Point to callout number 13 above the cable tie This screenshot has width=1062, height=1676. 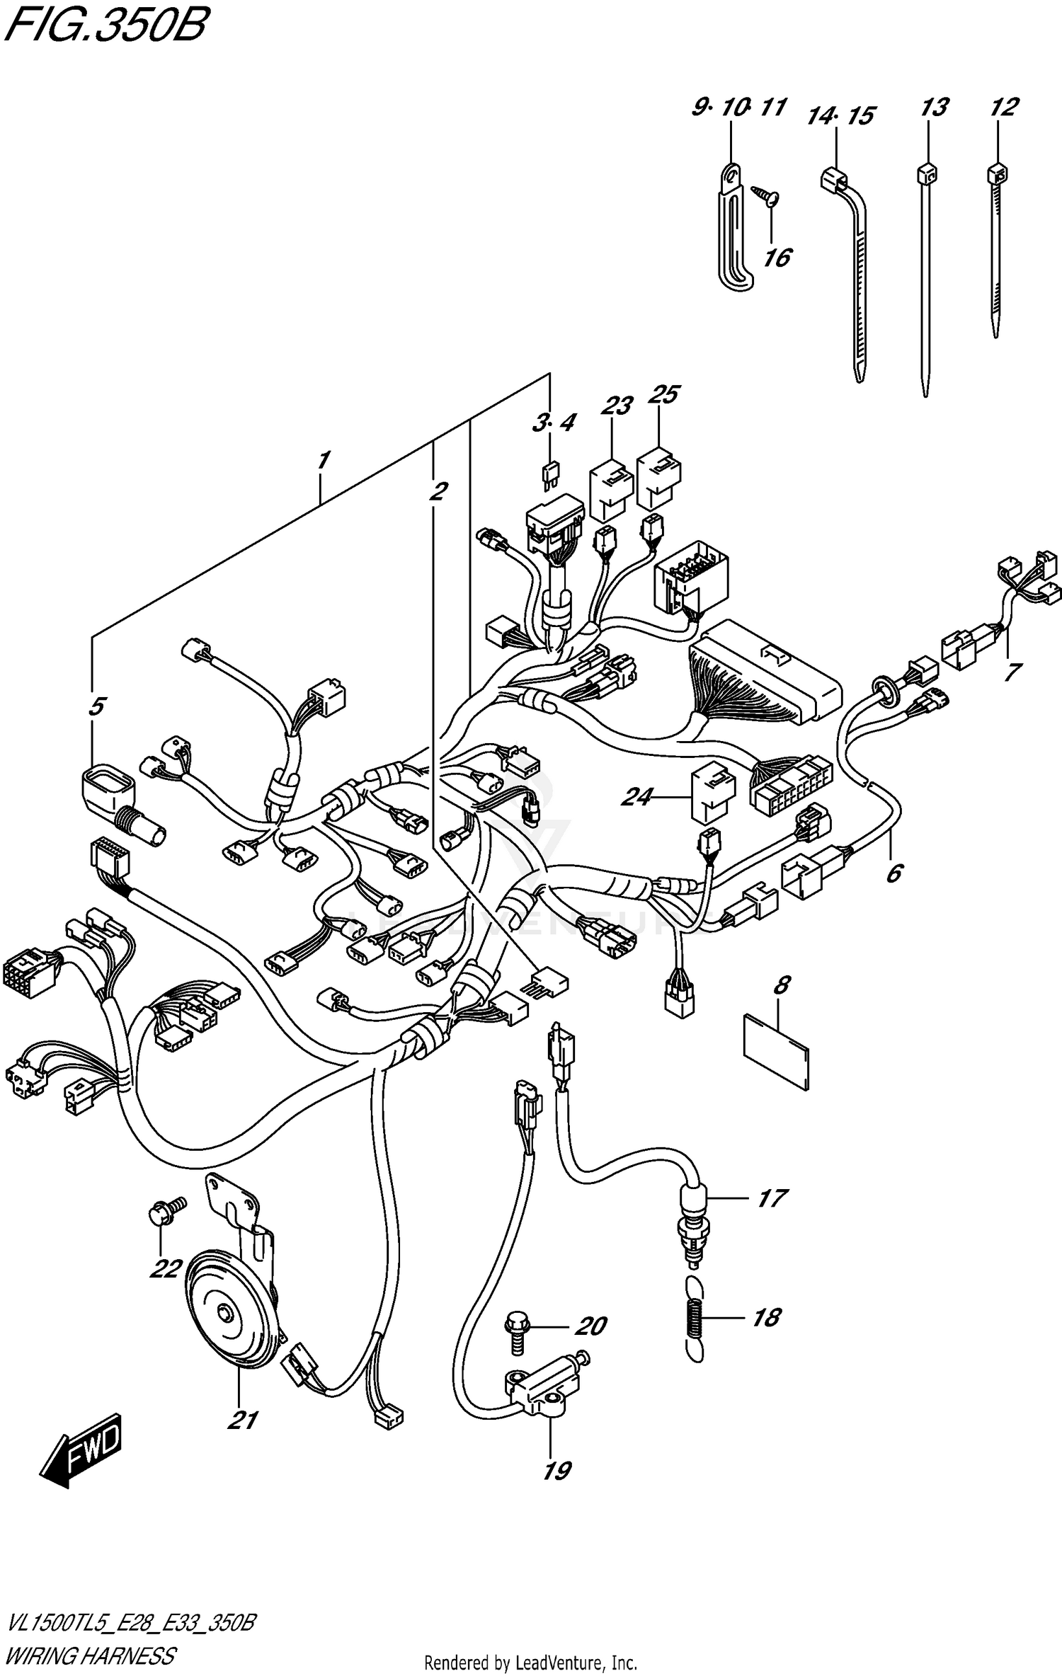[x=934, y=108]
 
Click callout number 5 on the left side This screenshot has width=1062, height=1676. [x=97, y=706]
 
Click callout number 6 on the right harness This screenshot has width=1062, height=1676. [x=894, y=873]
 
